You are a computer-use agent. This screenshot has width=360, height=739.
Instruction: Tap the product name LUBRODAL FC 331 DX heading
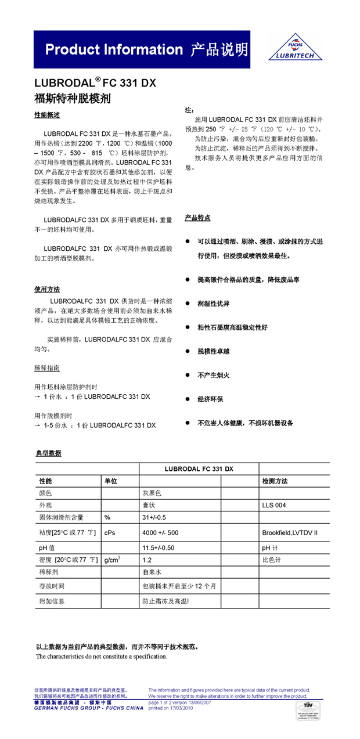pyautogui.click(x=96, y=83)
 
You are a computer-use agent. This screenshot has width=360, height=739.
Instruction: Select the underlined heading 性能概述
pyautogui.click(x=47, y=116)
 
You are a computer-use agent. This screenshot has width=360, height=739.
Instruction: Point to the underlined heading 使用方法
pyautogui.click(x=47, y=289)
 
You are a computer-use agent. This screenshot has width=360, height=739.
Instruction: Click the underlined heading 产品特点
pyautogui.click(x=197, y=218)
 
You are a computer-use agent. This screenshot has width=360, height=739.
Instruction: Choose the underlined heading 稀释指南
pyautogui.click(x=47, y=368)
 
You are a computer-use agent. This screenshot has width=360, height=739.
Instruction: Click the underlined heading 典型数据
pyautogui.click(x=48, y=453)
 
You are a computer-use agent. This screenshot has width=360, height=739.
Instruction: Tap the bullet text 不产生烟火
pyautogui.click(x=214, y=375)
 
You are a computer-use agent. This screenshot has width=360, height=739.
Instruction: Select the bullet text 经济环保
pyautogui.click(x=210, y=399)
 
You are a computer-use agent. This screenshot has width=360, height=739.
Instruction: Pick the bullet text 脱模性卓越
pyautogui.click(x=214, y=351)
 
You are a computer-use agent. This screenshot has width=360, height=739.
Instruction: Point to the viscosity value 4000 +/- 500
pyautogui.click(x=161, y=532)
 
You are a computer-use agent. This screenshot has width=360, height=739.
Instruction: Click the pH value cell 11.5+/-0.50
pyautogui.click(x=159, y=547)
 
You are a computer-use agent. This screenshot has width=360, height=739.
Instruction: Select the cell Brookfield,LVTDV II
pyautogui.click(x=290, y=532)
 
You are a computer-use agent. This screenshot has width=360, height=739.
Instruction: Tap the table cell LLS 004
pyautogui.click(x=274, y=505)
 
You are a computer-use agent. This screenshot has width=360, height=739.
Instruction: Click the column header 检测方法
pyautogui.click(x=275, y=481)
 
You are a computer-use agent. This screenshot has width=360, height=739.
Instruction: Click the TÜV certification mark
pyautogui.click(x=308, y=711)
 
